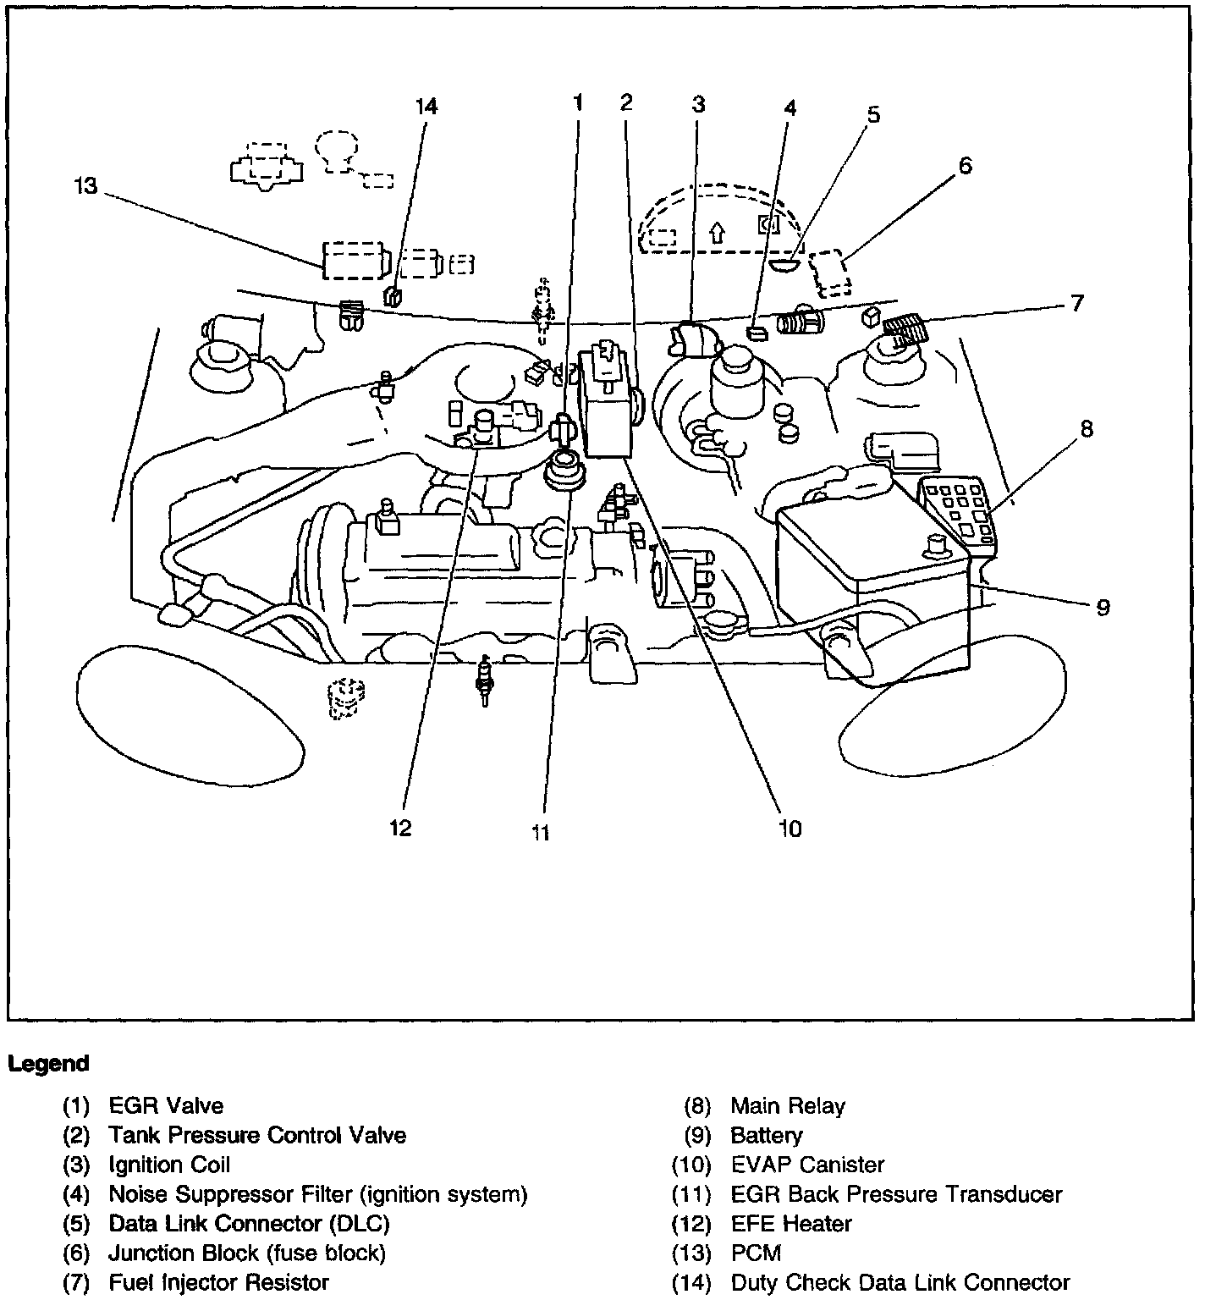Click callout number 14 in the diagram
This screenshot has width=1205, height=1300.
tap(426, 107)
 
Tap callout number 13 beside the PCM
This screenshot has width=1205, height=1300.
tap(85, 186)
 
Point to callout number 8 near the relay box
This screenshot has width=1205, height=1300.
tap(1087, 429)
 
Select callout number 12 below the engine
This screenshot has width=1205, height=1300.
tap(400, 827)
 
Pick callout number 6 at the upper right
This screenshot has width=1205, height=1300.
tap(965, 165)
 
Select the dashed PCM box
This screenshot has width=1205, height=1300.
tap(353, 260)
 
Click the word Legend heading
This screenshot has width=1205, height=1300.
tap(48, 1064)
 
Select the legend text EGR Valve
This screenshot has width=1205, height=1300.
tap(166, 1106)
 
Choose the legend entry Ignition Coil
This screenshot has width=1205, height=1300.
tap(169, 1165)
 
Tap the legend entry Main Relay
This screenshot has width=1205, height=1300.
tap(788, 1106)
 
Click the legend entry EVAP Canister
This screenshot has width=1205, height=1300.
tap(807, 1165)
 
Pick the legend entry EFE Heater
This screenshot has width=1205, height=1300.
tap(791, 1224)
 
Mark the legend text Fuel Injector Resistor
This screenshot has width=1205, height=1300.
tap(218, 1283)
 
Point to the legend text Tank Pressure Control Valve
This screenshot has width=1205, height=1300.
tap(257, 1135)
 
